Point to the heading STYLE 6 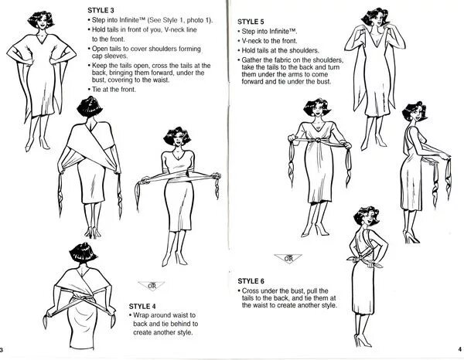tap(252, 280)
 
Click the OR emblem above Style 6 tap(288, 259)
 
